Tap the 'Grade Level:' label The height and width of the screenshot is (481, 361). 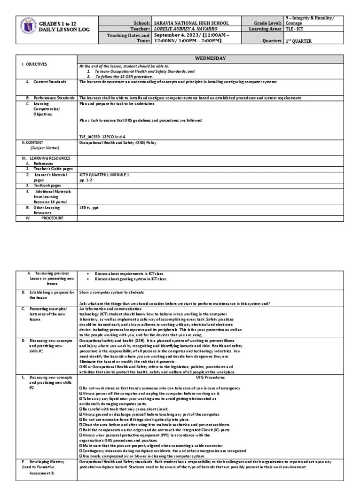[268, 23]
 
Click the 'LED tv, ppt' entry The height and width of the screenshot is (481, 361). [89, 207]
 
